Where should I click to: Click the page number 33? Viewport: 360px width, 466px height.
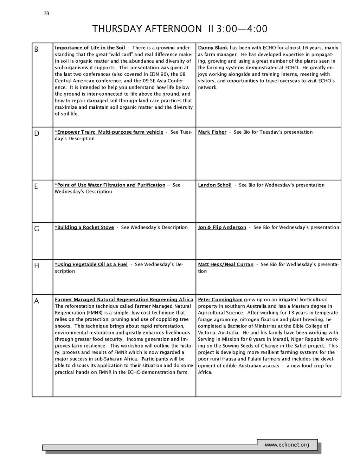pos(46,14)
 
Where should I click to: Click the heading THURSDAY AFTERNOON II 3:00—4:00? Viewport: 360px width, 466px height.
pos(180,29)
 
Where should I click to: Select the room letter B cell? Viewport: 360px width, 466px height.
pos(36,50)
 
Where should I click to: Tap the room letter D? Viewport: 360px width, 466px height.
pos(37,134)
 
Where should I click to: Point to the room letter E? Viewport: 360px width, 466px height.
pos(36,187)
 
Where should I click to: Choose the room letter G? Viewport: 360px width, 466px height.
pos(37,229)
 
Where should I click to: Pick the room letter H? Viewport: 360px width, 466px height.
pos(37,266)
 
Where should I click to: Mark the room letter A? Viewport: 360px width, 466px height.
pos(37,301)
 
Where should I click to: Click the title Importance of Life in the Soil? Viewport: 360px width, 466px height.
pos(90,48)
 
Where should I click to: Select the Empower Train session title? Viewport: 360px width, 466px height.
pos(109,132)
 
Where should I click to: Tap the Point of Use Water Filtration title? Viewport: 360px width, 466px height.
pos(110,185)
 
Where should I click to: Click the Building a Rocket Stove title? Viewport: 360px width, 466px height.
pos(84,228)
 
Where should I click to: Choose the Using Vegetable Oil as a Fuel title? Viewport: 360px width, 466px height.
pos(91,264)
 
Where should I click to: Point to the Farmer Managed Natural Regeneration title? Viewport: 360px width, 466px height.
pos(124,300)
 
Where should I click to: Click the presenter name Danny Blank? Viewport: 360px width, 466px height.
pos(213,48)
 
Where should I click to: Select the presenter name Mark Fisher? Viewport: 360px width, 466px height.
pos(212,132)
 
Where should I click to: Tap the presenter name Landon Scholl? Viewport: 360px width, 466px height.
pos(215,185)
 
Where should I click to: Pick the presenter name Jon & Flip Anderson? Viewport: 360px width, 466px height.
pos(222,228)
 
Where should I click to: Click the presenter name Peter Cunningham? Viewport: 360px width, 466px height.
pos(220,300)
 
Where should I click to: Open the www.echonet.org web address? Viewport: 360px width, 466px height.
pos(287,445)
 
